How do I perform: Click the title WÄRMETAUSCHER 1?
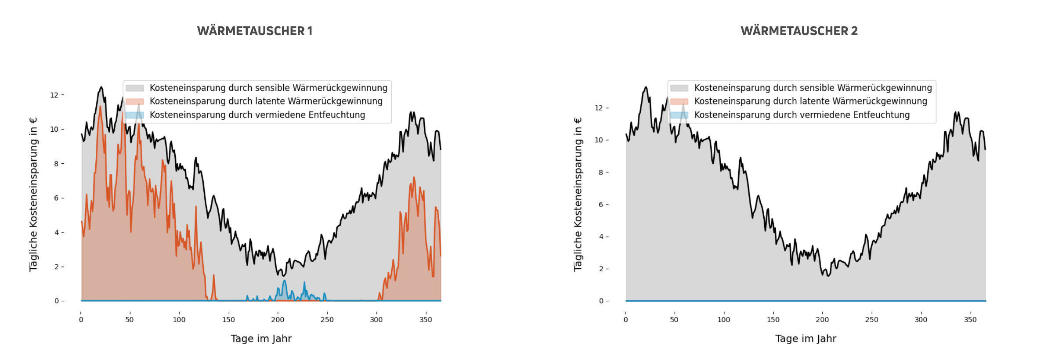click(x=255, y=31)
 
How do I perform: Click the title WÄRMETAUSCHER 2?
click(x=799, y=31)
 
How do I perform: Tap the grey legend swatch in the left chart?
click(x=135, y=88)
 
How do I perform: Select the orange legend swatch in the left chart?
click(x=135, y=101)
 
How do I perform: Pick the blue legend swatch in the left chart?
click(x=135, y=115)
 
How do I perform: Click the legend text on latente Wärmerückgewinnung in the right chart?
click(x=810, y=101)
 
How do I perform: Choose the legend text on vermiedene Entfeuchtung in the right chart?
click(x=802, y=115)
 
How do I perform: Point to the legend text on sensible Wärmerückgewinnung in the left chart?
click(x=268, y=88)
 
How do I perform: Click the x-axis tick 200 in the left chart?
click(x=278, y=320)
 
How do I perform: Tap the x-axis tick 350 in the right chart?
click(x=970, y=320)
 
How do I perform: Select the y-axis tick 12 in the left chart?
click(x=54, y=95)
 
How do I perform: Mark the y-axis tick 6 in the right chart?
click(x=601, y=205)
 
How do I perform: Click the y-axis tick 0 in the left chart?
click(x=57, y=301)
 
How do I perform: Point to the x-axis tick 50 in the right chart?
click(x=674, y=320)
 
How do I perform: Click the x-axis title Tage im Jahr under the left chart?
click(x=261, y=338)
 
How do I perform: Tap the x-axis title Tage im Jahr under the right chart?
click(x=806, y=338)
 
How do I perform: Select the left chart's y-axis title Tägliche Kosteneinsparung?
click(x=33, y=194)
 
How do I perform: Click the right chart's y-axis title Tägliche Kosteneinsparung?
click(x=578, y=194)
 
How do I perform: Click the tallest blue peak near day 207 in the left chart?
click(x=285, y=281)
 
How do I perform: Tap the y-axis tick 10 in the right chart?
click(x=599, y=140)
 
